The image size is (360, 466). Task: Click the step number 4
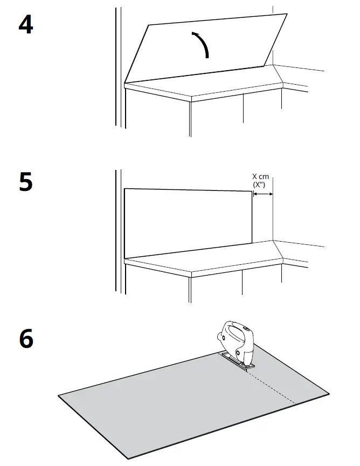(x=25, y=24)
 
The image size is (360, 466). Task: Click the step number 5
(x=25, y=182)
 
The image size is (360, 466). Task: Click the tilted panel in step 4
(x=205, y=49)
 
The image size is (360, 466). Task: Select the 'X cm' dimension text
(x=261, y=176)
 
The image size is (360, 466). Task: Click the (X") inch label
(x=261, y=184)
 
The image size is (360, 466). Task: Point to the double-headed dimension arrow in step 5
(x=263, y=194)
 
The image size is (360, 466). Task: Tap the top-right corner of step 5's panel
(x=253, y=191)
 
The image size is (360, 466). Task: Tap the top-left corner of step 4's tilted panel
(x=148, y=24)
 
